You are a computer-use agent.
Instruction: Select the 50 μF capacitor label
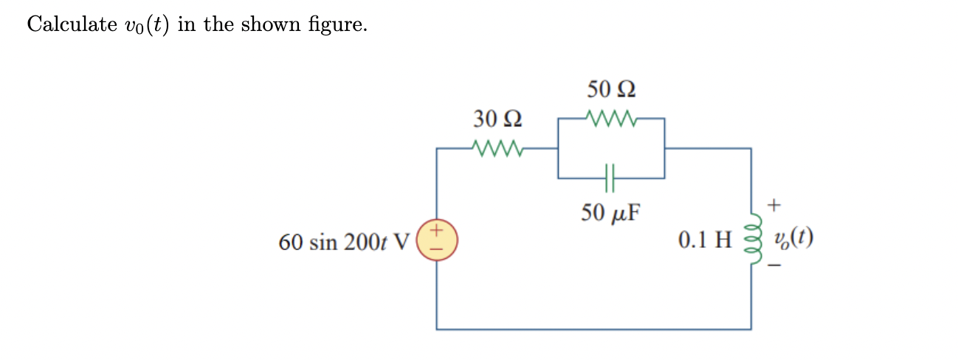[610, 213]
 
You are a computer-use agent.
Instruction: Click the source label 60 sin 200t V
[343, 242]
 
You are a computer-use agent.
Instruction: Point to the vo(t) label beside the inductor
[794, 239]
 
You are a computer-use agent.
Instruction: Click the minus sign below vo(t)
[775, 266]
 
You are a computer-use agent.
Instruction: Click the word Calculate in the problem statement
[71, 24]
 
